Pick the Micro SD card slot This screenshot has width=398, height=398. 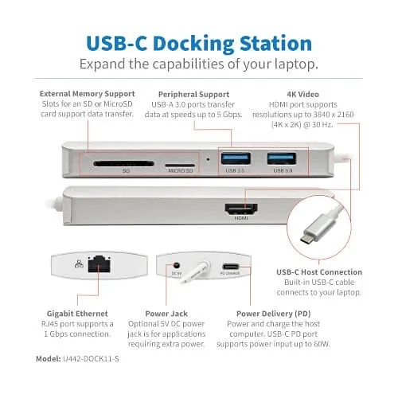pos(180,165)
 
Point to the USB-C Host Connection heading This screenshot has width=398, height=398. pos(319,273)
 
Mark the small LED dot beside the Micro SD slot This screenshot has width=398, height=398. pos(208,158)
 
